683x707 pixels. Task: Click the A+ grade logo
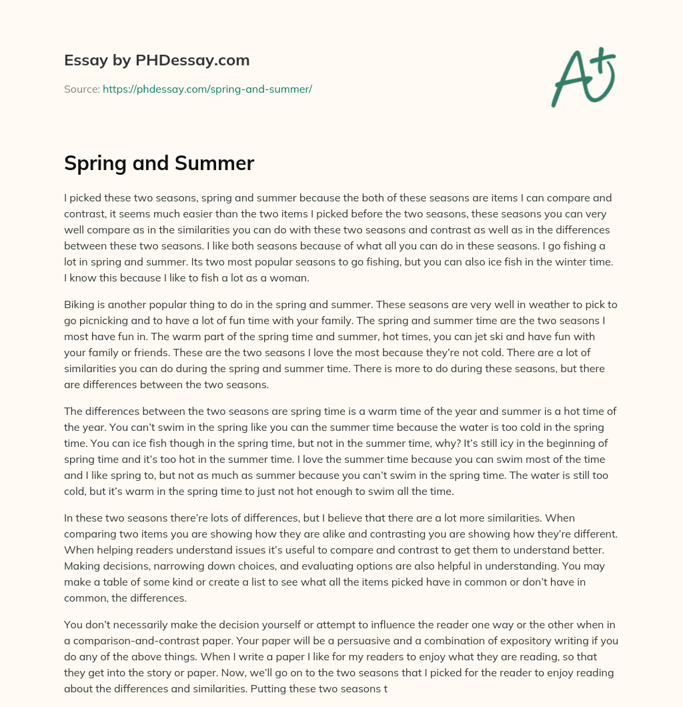[x=582, y=77]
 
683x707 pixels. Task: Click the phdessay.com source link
[x=207, y=89]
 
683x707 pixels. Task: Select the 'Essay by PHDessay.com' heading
[x=157, y=60]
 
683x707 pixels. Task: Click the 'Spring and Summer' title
[x=159, y=163]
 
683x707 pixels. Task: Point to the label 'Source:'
[x=81, y=89]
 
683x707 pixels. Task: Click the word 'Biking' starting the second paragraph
[x=79, y=304]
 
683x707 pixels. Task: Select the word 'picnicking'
[x=107, y=320]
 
